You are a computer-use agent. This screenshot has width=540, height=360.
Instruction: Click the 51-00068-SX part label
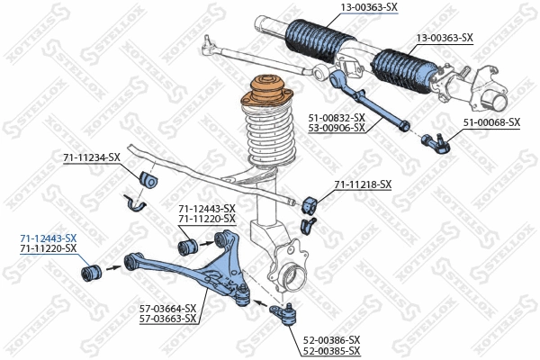pos(491,121)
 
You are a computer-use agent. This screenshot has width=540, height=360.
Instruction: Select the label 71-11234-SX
pos(91,157)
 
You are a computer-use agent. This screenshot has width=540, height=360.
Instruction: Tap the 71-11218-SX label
pos(363,184)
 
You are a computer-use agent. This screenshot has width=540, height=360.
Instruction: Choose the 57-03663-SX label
pos(167,319)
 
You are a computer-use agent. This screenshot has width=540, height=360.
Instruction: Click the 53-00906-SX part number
pos(337,128)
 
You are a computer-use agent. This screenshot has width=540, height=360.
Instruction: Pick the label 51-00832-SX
pos(337,117)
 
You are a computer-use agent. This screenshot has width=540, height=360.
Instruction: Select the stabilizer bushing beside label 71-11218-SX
pos(312,202)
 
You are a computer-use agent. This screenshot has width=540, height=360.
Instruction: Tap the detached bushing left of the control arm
pos(89,267)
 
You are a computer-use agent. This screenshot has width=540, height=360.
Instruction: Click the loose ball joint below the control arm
pos(287,314)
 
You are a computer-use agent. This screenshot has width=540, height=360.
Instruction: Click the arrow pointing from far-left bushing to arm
pos(113,266)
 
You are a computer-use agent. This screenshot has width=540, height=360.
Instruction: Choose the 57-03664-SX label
pos(167,308)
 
